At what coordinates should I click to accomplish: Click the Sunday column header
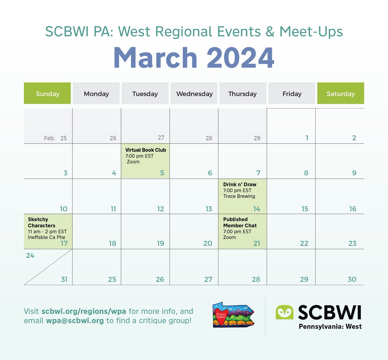pyautogui.click(x=48, y=94)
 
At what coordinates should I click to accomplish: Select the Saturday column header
pyautogui.click(x=340, y=94)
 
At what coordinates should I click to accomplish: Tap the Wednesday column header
pyautogui.click(x=194, y=94)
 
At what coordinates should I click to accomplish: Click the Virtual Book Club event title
pyautogui.click(x=145, y=150)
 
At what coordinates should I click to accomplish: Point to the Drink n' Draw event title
pyautogui.click(x=240, y=185)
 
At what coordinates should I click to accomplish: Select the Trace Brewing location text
pyautogui.click(x=239, y=196)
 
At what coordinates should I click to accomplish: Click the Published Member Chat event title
pyautogui.click(x=240, y=222)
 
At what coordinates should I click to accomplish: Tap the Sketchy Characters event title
pyautogui.click(x=41, y=222)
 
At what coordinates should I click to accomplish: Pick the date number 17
pyautogui.click(x=64, y=243)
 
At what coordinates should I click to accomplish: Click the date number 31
pyautogui.click(x=64, y=279)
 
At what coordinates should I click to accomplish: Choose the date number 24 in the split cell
pyautogui.click(x=30, y=256)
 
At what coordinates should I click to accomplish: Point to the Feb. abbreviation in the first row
pyautogui.click(x=49, y=138)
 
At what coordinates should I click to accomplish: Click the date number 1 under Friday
pyautogui.click(x=307, y=138)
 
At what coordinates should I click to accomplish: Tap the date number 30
pyautogui.click(x=352, y=279)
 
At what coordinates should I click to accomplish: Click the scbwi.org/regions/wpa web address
pyautogui.click(x=84, y=311)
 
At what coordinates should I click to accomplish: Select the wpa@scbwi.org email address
pyautogui.click(x=75, y=321)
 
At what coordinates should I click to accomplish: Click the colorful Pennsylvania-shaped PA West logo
pyautogui.click(x=233, y=315)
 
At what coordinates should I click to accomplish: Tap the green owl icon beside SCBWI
pyautogui.click(x=284, y=312)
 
